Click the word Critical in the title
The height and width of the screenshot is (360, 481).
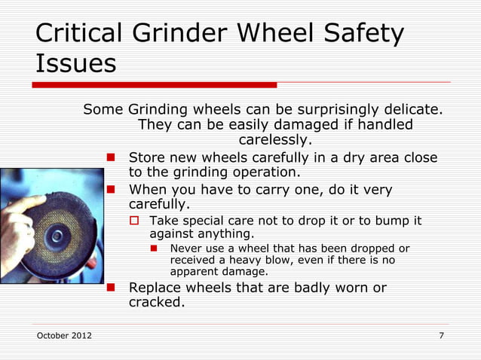(79, 33)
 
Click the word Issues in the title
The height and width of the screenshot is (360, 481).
(75, 63)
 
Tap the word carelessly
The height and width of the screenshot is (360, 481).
(274, 140)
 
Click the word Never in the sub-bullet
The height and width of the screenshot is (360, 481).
(187, 248)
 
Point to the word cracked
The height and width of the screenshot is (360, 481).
(156, 303)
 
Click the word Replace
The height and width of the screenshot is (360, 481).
(160, 288)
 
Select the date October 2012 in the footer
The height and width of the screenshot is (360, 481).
(64, 334)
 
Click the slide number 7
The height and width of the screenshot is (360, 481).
(441, 334)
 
